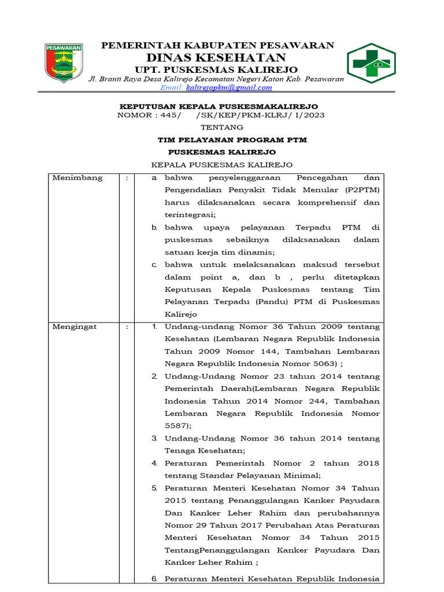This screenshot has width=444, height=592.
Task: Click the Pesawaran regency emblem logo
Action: pos(64,63)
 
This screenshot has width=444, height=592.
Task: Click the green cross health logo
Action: pos(371,64)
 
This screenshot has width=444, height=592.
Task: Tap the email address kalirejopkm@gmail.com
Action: pos(228,87)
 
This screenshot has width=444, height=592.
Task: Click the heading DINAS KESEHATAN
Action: pos(216,57)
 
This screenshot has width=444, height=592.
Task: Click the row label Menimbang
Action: pos(77,178)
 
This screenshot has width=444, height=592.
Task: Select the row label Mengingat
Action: pos(75,327)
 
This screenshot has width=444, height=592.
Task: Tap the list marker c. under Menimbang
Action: pos(154,265)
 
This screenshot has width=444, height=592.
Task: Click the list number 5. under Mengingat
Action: pos(155,488)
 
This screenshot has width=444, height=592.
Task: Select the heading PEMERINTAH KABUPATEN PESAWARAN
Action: pos(217,45)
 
